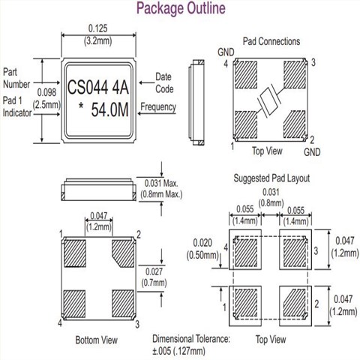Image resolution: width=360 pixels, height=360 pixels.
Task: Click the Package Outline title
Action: (x=181, y=8)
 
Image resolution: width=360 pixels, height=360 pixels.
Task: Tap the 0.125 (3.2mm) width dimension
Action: (x=98, y=34)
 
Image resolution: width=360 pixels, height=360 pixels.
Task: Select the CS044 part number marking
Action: (x=88, y=87)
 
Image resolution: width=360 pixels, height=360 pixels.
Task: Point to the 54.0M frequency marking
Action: (x=109, y=109)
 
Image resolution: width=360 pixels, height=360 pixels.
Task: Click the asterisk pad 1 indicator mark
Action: (x=81, y=106)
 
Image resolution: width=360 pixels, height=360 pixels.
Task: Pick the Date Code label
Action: (x=164, y=83)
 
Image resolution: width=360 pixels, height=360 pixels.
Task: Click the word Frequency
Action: (x=158, y=106)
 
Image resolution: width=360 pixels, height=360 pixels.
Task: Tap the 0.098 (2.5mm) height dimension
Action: (x=46, y=98)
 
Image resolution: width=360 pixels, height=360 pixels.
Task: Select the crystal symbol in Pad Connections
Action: (x=269, y=102)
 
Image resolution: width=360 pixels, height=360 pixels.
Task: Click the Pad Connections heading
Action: (x=271, y=41)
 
